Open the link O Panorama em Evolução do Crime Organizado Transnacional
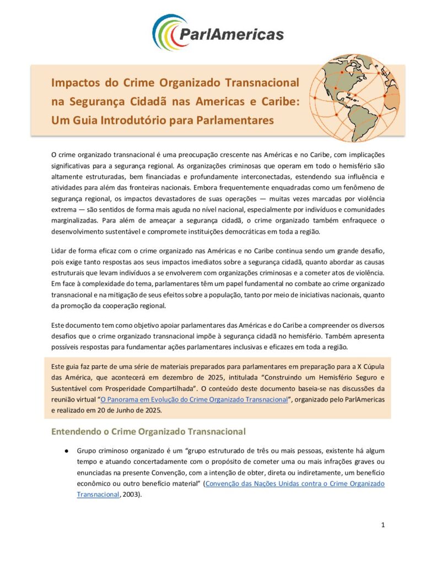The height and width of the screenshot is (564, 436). [194, 400]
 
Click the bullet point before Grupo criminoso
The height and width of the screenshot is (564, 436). [66, 451]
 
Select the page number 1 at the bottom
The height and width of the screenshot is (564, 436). [383, 525]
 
